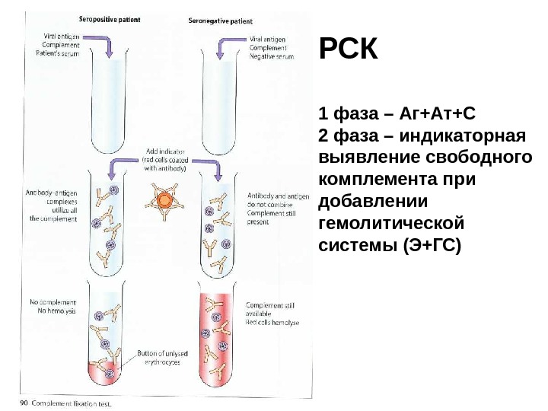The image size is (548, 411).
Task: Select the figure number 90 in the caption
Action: click(24, 403)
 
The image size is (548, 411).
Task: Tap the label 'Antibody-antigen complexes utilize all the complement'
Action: click(53, 205)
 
